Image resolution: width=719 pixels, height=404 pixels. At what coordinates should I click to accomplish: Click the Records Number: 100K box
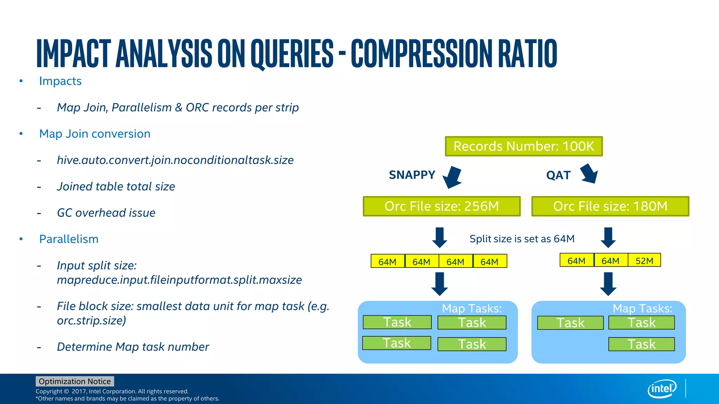[523, 146]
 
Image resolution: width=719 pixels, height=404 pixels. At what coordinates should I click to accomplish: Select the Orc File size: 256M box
[441, 206]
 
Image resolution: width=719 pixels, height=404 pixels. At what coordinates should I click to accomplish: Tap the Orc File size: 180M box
[610, 206]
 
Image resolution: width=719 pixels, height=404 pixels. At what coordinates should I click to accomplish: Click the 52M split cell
[644, 261]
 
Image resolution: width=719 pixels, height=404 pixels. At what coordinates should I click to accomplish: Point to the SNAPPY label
[412, 175]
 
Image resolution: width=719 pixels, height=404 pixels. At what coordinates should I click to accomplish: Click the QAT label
[558, 175]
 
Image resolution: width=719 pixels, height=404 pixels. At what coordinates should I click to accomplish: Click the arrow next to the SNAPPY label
[452, 177]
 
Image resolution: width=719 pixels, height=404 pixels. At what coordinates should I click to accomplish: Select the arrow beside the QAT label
[589, 174]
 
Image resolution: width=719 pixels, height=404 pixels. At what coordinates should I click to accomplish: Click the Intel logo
[662, 389]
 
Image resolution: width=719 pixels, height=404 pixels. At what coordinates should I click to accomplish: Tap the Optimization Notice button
[75, 381]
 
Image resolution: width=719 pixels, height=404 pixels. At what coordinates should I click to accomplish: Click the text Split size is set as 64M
[522, 239]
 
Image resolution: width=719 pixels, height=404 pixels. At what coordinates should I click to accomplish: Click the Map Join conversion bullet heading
[95, 134]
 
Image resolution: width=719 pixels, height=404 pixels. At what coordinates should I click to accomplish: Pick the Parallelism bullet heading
[69, 239]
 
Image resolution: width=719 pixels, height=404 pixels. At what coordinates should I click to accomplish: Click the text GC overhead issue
[106, 213]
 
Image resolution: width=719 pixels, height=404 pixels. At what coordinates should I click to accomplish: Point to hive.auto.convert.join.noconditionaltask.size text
[175, 160]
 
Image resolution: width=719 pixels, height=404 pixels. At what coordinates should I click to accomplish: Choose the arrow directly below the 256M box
[440, 237]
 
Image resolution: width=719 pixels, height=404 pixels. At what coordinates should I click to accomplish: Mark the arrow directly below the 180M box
[608, 237]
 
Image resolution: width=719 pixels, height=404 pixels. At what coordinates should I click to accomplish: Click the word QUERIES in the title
[292, 53]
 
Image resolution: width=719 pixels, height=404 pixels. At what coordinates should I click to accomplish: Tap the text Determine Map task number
[133, 346]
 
